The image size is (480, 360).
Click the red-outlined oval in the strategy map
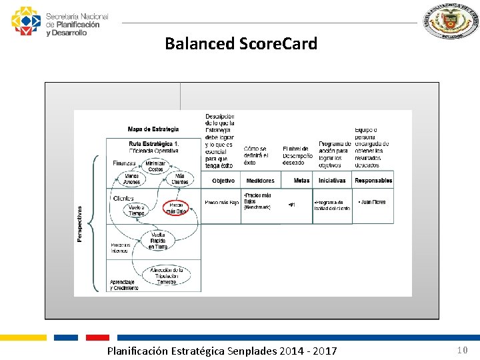(x=176, y=207)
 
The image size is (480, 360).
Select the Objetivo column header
(x=223, y=181)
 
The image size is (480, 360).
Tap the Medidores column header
(x=260, y=181)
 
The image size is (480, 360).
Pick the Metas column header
(x=301, y=181)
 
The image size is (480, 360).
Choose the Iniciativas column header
(x=332, y=181)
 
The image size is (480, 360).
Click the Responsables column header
(x=373, y=181)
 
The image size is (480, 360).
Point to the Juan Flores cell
(x=372, y=202)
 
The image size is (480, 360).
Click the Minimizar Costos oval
(x=155, y=166)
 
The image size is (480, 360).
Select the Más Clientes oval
(x=180, y=179)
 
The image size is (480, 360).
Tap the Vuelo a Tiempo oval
(x=136, y=209)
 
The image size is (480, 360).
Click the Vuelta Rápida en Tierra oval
(x=158, y=241)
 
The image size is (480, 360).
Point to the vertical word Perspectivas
(x=81, y=223)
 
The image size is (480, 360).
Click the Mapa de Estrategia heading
(x=153, y=129)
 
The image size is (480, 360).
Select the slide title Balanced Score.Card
(x=241, y=44)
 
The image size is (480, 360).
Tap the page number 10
(x=462, y=350)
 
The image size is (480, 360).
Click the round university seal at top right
(x=451, y=22)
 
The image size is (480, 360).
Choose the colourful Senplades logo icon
(x=26, y=21)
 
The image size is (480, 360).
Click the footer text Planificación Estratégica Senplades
(x=222, y=351)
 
